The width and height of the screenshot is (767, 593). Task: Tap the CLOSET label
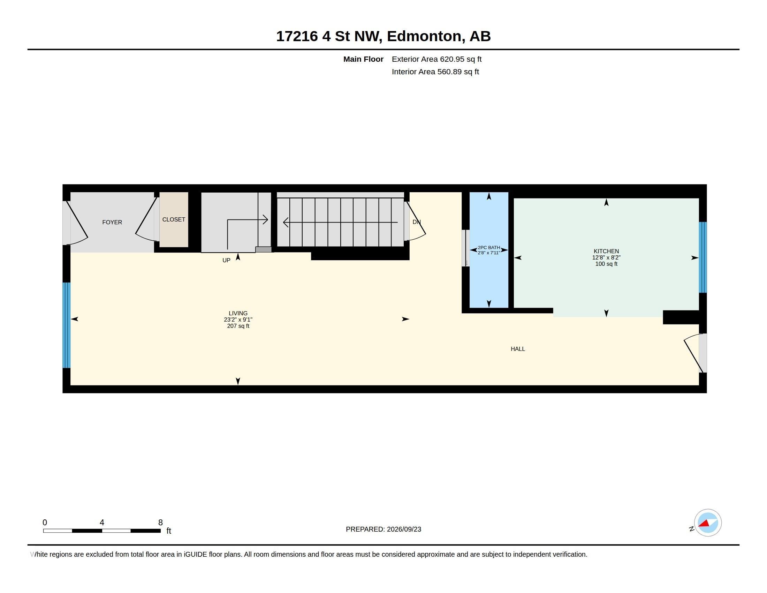[x=174, y=219]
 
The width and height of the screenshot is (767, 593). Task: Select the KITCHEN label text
[x=606, y=251]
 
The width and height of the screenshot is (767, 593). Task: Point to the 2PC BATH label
[x=488, y=248]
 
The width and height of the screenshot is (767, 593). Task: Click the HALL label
[x=518, y=349]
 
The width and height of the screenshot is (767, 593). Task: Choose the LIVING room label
[x=238, y=313]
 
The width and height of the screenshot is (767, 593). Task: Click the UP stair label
[x=227, y=260]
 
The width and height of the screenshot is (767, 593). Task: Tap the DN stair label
[x=417, y=222]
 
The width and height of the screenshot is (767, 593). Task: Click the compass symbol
[x=707, y=523]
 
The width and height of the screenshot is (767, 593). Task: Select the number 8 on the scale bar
[x=160, y=523]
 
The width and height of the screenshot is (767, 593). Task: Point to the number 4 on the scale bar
[x=102, y=523]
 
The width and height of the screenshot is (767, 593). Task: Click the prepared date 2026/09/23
[x=404, y=529]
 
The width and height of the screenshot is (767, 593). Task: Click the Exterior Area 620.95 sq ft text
[x=436, y=59]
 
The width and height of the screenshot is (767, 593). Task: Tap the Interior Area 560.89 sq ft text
[x=435, y=72]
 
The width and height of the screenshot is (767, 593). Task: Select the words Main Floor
[x=363, y=59]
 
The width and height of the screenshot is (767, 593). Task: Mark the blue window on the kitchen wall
[x=703, y=257]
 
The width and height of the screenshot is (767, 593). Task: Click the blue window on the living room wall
[x=66, y=325]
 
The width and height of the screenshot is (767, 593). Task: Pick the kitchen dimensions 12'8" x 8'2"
[x=606, y=257]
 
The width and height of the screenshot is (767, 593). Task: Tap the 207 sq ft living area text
[x=238, y=326]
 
